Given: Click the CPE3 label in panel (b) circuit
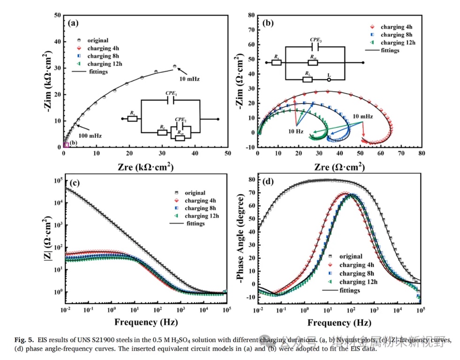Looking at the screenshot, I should [x=316, y=40].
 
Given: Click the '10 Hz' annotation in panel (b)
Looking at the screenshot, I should [x=294, y=131].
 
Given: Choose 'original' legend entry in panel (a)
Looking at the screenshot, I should [x=97, y=40].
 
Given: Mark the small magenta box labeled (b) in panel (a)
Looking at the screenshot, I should [x=66, y=144].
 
